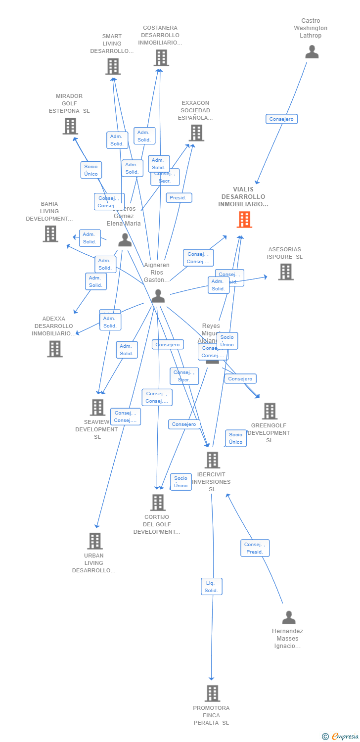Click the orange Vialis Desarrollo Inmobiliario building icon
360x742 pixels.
[x=244, y=220]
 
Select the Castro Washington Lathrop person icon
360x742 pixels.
[x=312, y=52]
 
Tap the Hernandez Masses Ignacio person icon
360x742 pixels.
[x=289, y=617]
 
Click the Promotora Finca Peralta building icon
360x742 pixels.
[x=212, y=693]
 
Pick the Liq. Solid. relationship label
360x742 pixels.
[x=212, y=587]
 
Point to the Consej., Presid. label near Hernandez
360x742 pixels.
[x=255, y=548]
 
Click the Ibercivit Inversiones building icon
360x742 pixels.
[x=212, y=460]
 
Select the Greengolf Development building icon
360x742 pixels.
[x=270, y=411]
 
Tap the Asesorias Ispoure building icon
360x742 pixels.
[x=285, y=272]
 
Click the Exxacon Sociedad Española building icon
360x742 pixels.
[x=196, y=133]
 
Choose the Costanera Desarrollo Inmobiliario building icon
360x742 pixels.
[x=161, y=58]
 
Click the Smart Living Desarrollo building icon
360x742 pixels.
[x=113, y=66]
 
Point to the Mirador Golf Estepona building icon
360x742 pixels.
[x=70, y=126]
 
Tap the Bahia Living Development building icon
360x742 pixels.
[x=50, y=233]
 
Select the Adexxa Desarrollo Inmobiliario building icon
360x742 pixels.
[x=54, y=349]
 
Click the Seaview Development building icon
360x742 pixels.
[x=97, y=408]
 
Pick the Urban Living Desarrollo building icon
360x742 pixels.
[x=95, y=541]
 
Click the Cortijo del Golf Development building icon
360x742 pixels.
[x=158, y=503]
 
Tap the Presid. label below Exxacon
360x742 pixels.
[x=179, y=198]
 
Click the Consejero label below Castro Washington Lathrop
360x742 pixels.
[x=281, y=119]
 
